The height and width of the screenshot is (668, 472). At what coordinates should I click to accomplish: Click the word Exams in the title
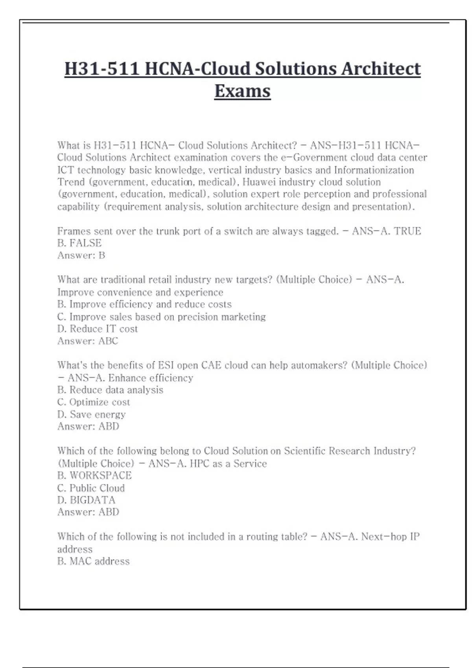(242, 91)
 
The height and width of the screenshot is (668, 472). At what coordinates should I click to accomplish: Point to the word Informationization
(374, 170)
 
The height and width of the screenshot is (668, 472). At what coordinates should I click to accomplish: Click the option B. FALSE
(79, 243)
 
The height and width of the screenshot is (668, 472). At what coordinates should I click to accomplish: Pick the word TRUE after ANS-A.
(407, 231)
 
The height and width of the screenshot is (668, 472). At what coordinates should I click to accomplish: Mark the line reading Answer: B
(81, 255)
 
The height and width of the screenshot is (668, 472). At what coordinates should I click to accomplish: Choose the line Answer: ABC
(88, 341)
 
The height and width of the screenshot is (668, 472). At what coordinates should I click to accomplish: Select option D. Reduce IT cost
(98, 329)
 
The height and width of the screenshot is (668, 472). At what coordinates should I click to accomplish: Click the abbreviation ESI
(166, 365)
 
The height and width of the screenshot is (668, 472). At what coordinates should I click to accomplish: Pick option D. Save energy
(91, 415)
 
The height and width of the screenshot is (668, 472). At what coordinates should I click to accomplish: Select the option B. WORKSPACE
(94, 475)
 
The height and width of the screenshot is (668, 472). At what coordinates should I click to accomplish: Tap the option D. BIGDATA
(87, 500)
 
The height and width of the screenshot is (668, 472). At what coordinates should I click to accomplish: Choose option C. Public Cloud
(91, 488)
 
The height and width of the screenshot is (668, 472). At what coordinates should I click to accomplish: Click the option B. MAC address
(93, 562)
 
